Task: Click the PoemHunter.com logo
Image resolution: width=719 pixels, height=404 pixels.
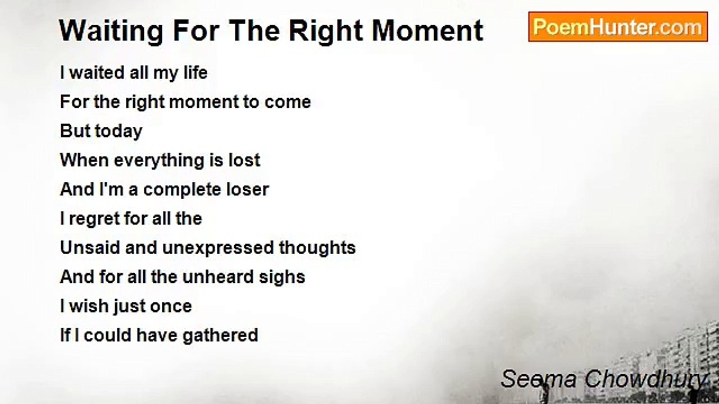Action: pyautogui.click(x=618, y=27)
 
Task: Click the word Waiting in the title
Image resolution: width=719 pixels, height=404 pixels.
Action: pyautogui.click(x=111, y=31)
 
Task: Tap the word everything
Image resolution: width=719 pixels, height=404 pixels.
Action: pyautogui.click(x=159, y=160)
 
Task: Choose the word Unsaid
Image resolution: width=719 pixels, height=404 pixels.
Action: pyautogui.click(x=90, y=247)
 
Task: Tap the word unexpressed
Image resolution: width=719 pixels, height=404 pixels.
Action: pyautogui.click(x=217, y=248)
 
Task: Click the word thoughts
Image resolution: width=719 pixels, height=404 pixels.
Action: pyautogui.click(x=317, y=248)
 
